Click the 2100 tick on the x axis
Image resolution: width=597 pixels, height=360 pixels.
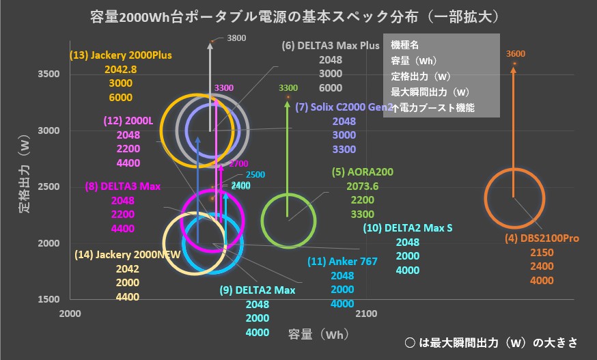(367, 314)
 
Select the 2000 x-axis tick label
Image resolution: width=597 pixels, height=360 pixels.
(71, 314)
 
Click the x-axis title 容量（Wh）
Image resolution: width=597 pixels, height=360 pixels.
(317, 334)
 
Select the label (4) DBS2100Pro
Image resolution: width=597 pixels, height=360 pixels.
(542, 238)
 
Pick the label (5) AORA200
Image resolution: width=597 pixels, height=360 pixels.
(362, 172)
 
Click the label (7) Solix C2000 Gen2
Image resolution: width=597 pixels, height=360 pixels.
(344, 107)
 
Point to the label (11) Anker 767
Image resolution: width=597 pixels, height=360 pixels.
(342, 261)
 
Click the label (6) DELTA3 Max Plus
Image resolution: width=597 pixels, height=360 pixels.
(331, 46)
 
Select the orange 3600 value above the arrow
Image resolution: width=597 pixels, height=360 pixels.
(516, 54)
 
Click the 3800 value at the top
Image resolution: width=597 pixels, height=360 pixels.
(236, 38)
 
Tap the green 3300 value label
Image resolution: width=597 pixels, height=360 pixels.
(288, 87)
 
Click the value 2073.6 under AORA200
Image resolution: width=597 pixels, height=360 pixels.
(362, 186)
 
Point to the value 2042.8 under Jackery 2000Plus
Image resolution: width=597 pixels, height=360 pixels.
(121, 69)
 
